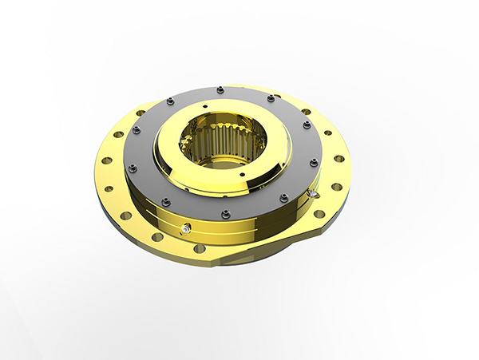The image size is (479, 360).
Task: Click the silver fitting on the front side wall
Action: tap(185, 230)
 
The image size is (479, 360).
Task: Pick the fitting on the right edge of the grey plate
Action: tap(314, 192)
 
